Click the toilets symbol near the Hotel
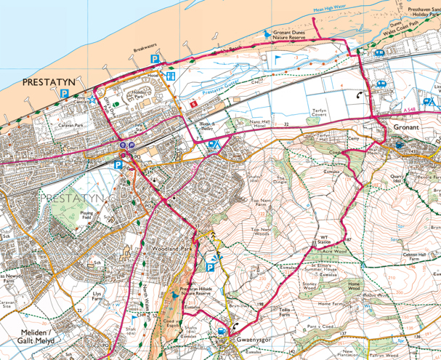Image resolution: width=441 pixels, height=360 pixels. tap(171, 76)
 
